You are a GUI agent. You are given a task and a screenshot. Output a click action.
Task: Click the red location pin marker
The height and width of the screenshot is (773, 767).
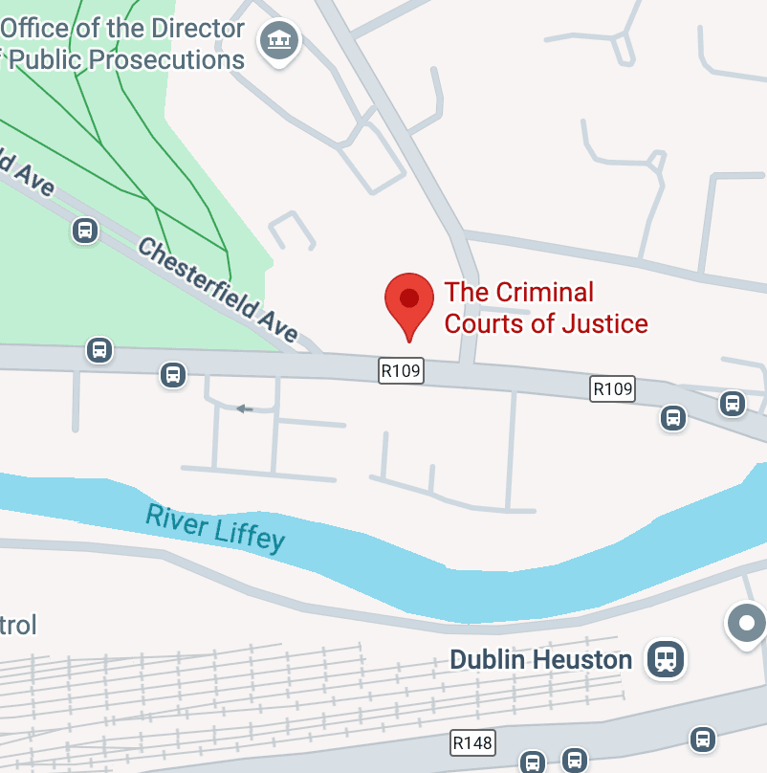408,298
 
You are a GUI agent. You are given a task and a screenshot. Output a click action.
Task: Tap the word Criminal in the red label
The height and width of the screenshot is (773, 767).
545,292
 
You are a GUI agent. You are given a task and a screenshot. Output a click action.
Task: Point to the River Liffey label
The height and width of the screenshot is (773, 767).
215,527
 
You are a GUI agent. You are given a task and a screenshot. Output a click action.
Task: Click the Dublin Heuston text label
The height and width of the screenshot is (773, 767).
540,659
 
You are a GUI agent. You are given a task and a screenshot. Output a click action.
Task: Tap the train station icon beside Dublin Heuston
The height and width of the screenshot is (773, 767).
665,658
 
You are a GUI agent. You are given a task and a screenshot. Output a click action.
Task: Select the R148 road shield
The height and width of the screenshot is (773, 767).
472,741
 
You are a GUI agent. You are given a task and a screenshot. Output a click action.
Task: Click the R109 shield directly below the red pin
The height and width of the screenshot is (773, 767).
401,370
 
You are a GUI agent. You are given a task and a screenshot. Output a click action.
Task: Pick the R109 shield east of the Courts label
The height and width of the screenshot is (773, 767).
613,388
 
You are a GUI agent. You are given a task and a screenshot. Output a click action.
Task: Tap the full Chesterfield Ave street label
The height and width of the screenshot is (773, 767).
217,290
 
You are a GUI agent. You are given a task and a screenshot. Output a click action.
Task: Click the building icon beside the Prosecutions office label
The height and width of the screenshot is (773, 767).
280,40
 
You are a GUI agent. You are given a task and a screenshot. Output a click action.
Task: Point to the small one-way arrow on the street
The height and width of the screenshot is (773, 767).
245,409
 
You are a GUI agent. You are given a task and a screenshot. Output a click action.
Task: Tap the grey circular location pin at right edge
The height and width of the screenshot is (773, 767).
746,624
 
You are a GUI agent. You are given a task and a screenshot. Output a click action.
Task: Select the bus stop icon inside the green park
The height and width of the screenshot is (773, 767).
85,231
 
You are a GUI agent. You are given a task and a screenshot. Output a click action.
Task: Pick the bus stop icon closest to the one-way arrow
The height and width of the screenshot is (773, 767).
173,374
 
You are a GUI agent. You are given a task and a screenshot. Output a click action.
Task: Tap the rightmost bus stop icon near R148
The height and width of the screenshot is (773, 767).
703,739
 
